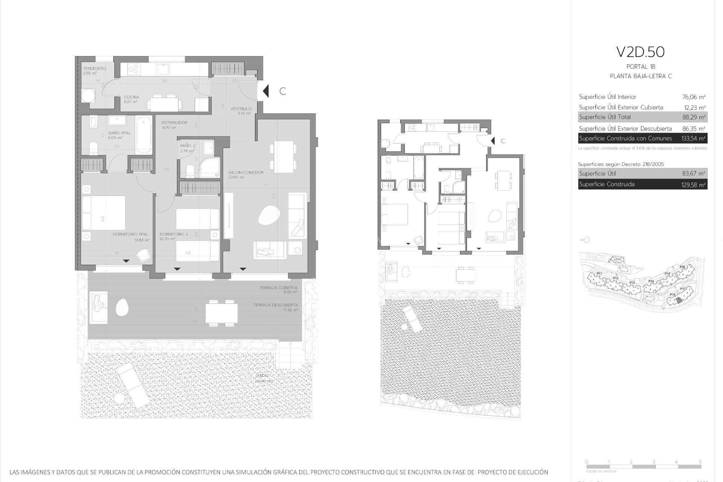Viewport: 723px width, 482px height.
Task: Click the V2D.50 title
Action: pos(640,52)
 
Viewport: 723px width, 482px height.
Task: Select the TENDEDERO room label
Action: pos(94,69)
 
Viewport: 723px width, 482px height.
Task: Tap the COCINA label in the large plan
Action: pos(131,97)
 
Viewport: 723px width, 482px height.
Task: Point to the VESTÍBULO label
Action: pos(241,109)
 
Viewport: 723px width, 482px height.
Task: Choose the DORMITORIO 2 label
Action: pos(174,234)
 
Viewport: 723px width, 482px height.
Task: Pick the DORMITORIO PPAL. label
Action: pos(131,234)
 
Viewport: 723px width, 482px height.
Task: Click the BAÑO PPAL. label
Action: pos(120,133)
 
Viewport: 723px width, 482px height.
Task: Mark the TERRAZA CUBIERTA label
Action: pos(278,288)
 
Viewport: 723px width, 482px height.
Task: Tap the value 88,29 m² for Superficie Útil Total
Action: pos(694,117)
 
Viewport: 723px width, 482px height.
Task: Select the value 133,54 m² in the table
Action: pos(693,139)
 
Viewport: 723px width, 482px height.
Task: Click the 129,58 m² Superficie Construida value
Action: pos(694,185)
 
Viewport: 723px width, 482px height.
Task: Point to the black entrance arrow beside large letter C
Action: pos(266,91)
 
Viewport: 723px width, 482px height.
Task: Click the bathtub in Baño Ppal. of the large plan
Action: pos(143,135)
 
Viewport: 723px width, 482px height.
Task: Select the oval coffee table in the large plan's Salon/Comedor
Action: pos(269,215)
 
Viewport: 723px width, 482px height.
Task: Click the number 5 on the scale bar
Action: pos(700,462)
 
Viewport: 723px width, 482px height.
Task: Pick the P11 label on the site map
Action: pos(599,274)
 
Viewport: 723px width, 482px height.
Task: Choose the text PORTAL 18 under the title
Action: pos(641,67)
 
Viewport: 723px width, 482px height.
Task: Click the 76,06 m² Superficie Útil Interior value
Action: pos(694,97)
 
